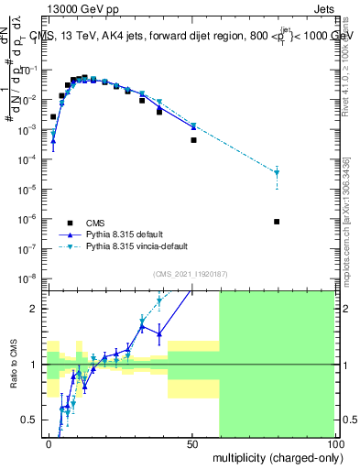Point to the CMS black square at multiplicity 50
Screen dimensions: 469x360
tap(193, 140)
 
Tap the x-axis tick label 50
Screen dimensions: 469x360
tap(191, 442)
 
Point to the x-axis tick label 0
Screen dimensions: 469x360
tap(49, 442)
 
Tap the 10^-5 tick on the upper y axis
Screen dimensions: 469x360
tap(31, 190)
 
